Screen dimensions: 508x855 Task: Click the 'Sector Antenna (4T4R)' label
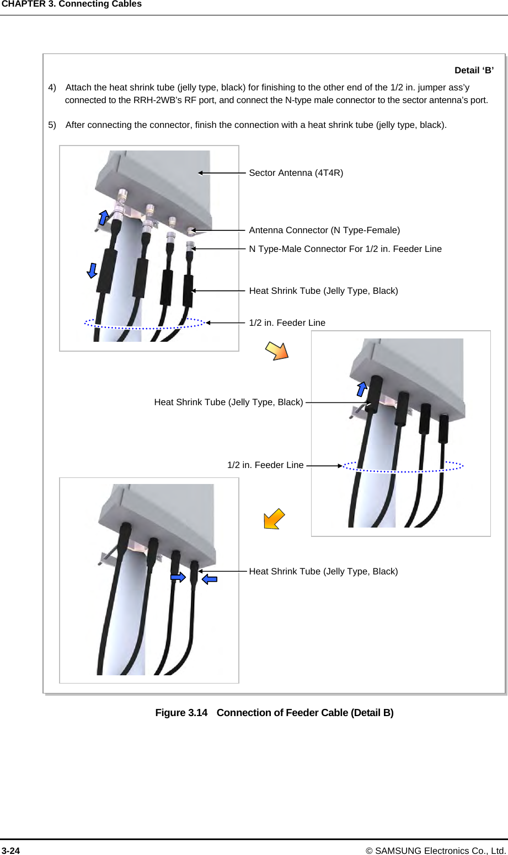click(296, 173)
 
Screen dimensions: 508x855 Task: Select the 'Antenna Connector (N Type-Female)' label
click(324, 230)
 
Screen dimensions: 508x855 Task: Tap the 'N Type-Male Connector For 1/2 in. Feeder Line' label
click(345, 249)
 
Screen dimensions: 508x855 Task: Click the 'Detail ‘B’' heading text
click(474, 71)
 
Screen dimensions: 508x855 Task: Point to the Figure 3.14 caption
click(274, 713)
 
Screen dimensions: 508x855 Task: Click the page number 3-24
click(10, 851)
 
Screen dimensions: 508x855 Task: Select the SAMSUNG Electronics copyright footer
click(440, 851)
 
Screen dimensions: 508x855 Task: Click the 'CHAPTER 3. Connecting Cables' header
click(71, 4)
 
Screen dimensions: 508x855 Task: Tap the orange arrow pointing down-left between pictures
click(274, 519)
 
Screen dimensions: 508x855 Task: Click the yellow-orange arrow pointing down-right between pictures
click(277, 351)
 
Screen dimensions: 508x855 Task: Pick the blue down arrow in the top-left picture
click(92, 270)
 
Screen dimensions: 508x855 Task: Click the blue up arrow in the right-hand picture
click(362, 388)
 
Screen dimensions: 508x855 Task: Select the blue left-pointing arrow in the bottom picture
click(210, 579)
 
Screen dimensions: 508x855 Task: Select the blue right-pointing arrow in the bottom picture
click(178, 577)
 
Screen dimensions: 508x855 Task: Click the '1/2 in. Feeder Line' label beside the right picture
click(265, 465)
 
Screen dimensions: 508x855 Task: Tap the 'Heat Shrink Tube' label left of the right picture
click(228, 402)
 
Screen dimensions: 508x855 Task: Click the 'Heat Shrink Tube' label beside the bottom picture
click(323, 572)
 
